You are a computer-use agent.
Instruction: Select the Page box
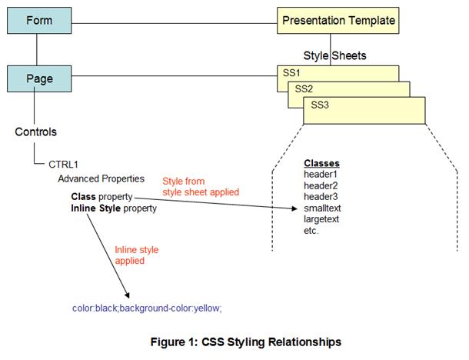(x=37, y=77)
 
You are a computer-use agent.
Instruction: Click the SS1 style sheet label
(x=292, y=72)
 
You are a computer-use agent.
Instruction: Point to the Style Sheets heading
(x=334, y=55)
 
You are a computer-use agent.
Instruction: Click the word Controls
(x=36, y=132)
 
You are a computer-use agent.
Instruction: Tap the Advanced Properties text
(x=101, y=178)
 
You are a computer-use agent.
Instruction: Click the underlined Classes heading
(x=321, y=164)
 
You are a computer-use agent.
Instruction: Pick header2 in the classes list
(x=321, y=186)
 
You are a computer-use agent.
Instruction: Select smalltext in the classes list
(x=323, y=208)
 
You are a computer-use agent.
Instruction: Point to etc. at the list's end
(x=311, y=230)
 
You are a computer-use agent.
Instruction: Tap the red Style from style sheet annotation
(x=200, y=187)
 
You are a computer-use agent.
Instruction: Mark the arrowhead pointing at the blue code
(x=127, y=295)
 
